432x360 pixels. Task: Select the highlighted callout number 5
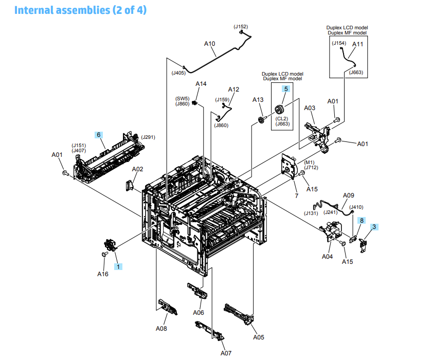pos(285,89)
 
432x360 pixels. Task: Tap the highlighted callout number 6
pos(98,135)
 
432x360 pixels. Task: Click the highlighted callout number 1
pos(118,266)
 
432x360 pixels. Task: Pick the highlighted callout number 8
pos(362,220)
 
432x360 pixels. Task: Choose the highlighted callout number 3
pos(374,226)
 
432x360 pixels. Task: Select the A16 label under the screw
pos(103,274)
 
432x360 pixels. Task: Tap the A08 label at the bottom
pos(161,328)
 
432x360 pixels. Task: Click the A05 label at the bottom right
pos(259,337)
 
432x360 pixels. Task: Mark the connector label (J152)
pos(240,27)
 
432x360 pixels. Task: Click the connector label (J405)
pos(178,73)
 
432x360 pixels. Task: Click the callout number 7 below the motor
pos(296,196)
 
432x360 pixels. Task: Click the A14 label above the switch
pos(201,84)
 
